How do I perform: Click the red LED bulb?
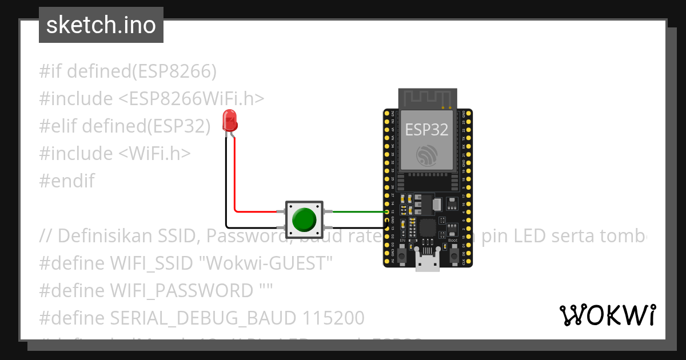tap(230, 120)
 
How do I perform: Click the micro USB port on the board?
tap(427, 263)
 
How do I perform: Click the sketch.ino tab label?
tap(101, 25)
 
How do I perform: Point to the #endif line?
tap(67, 181)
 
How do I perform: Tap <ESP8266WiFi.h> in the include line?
tap(192, 99)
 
